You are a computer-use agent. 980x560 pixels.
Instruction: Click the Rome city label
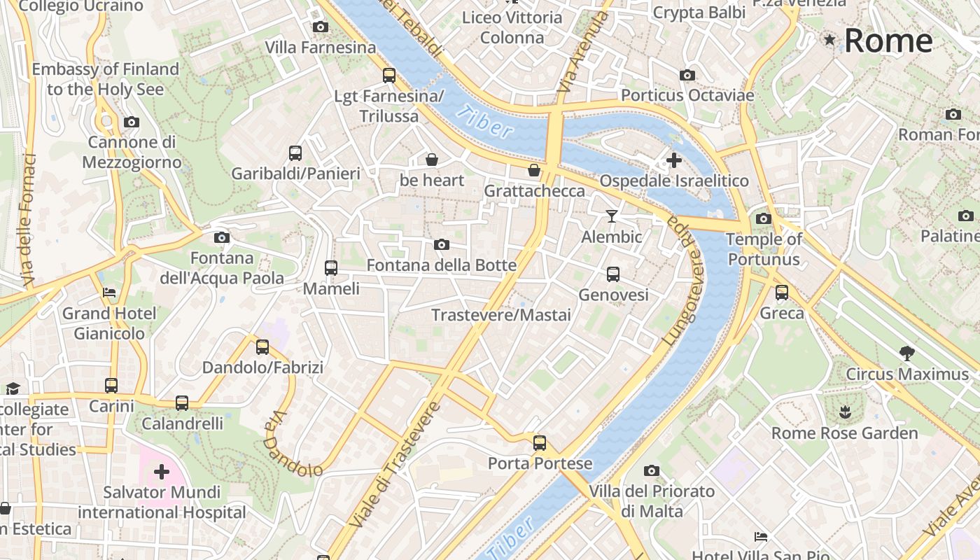(888, 41)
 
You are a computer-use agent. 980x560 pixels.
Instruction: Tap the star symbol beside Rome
(829, 40)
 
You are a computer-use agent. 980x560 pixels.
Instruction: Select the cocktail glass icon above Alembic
(612, 216)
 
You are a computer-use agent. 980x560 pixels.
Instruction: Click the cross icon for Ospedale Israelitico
(673, 160)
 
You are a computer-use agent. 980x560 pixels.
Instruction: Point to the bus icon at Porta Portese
(539, 442)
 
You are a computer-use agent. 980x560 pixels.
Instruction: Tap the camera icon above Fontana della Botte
(441, 244)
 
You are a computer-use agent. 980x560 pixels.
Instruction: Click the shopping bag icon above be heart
(432, 160)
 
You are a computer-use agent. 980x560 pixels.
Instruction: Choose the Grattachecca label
(535, 191)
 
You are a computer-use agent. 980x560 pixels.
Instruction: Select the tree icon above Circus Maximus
(906, 353)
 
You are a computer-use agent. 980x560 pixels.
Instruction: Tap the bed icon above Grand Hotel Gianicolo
(109, 292)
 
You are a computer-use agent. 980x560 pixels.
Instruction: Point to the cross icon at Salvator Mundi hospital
(162, 471)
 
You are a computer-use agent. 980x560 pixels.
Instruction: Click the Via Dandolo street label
(293, 445)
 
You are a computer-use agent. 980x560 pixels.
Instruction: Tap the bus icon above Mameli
(331, 267)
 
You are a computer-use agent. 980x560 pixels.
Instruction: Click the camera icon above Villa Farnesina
(320, 27)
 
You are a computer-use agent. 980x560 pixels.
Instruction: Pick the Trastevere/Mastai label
(501, 315)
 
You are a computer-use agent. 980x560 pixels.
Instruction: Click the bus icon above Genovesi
(613, 274)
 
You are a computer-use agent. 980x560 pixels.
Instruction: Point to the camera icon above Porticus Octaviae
(687, 75)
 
